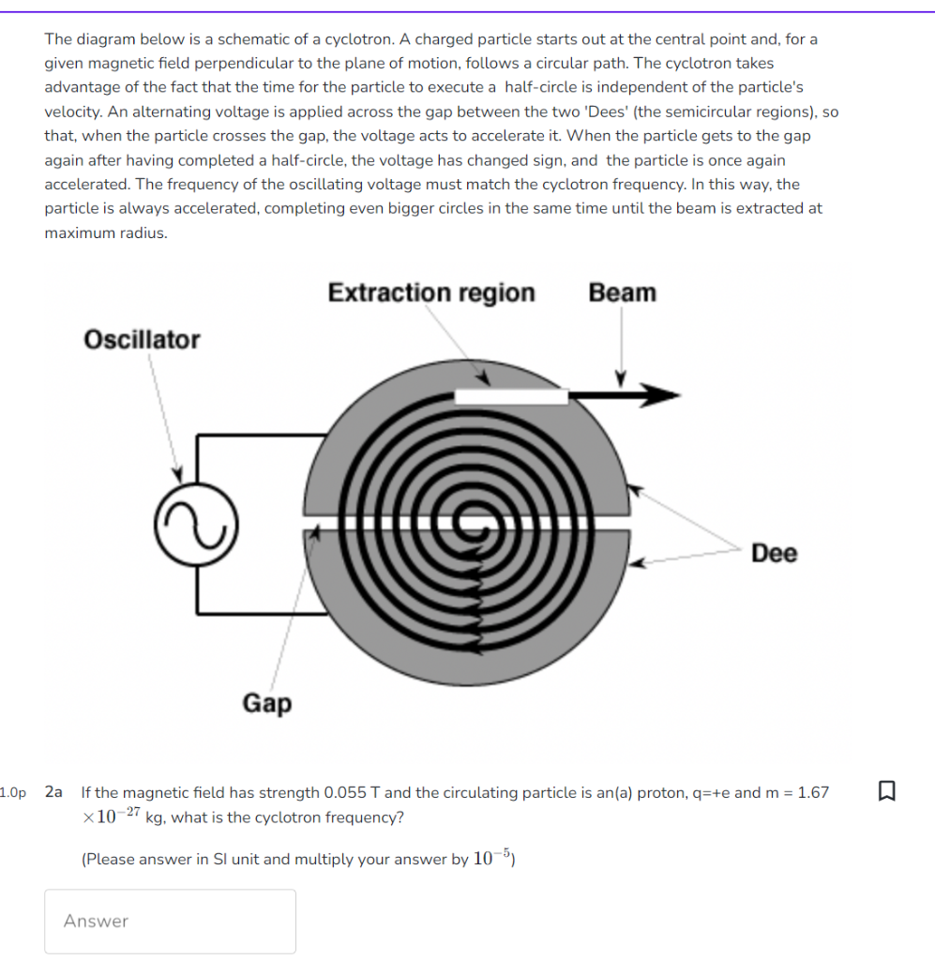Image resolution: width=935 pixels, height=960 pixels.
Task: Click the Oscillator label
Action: pyautogui.click(x=142, y=339)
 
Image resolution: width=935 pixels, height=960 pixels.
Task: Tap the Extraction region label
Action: pyautogui.click(x=431, y=292)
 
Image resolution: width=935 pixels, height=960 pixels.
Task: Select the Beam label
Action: pyautogui.click(x=622, y=292)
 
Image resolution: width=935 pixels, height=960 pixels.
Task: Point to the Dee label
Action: pyautogui.click(x=775, y=553)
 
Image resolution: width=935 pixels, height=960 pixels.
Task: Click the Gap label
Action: pyautogui.click(x=267, y=702)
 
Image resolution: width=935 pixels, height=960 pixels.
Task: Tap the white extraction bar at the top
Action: pyautogui.click(x=511, y=397)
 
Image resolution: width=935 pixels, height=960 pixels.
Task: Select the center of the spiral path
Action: pyautogui.click(x=466, y=518)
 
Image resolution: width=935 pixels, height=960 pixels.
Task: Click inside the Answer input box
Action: pyautogui.click(x=170, y=921)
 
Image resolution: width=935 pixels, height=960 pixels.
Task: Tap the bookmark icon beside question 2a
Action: pyautogui.click(x=886, y=792)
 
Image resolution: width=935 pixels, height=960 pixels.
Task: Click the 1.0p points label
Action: pyautogui.click(x=14, y=792)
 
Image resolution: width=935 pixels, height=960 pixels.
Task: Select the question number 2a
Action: pyautogui.click(x=53, y=792)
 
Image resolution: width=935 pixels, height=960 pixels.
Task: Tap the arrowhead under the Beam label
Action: pyautogui.click(x=620, y=379)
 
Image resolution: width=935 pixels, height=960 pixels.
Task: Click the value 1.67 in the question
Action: pyautogui.click(x=812, y=792)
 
